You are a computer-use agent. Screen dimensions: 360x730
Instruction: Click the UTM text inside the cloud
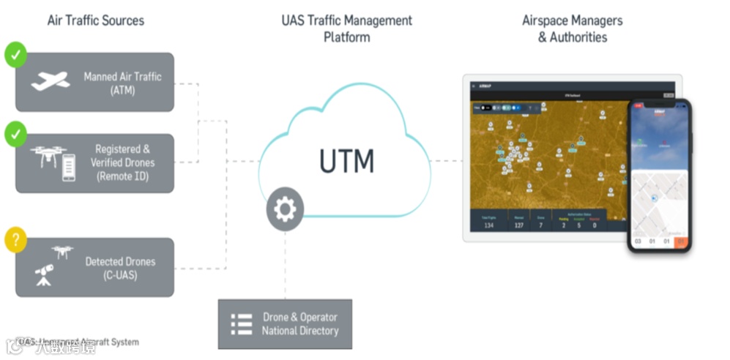point(346,160)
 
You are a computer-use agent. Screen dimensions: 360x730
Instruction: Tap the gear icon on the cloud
point(285,211)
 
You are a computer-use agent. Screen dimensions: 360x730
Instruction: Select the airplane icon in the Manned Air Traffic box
point(50,81)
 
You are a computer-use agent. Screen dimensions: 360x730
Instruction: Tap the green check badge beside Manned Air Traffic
point(15,54)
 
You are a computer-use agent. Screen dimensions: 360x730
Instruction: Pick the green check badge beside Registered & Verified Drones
point(15,134)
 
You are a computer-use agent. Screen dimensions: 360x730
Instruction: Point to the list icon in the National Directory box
point(241,324)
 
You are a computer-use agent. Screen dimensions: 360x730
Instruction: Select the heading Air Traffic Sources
point(95,20)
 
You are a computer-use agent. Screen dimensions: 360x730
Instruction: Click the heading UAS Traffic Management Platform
point(346,29)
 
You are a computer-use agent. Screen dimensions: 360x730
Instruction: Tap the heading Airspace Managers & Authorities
point(573,29)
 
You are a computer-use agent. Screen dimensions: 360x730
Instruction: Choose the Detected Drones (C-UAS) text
point(120,268)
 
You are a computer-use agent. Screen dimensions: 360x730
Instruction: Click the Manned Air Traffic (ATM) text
point(122,83)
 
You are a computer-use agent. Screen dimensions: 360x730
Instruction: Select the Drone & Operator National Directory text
point(300,323)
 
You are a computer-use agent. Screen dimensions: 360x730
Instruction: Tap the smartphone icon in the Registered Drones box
point(69,167)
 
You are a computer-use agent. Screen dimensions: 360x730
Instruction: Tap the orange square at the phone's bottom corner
point(682,241)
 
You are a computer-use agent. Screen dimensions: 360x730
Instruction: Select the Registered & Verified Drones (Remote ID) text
point(122,162)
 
